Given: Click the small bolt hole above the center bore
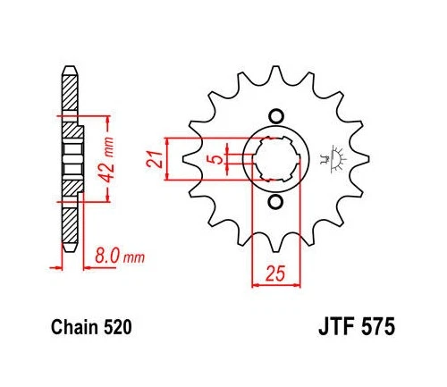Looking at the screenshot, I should pyautogui.click(x=275, y=115).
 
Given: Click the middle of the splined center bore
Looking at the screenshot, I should pyautogui.click(x=275, y=158).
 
